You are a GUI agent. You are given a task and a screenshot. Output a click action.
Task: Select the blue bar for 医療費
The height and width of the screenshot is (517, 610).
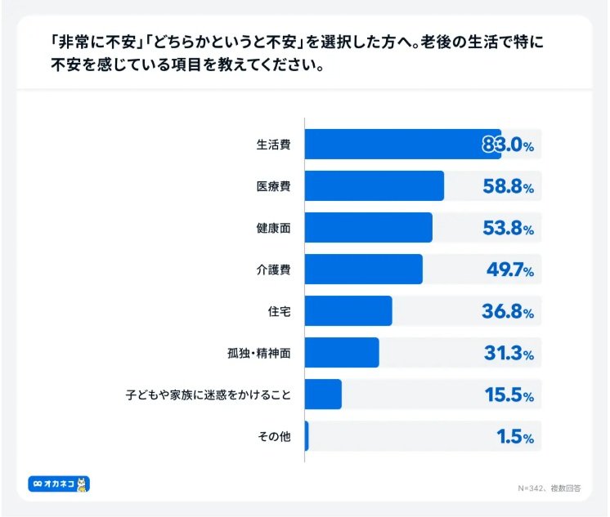(x=374, y=186)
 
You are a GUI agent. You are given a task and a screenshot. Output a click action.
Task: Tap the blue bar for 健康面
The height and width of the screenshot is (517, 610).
(x=368, y=228)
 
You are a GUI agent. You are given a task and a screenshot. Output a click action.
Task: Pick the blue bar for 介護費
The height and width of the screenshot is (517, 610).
(x=363, y=270)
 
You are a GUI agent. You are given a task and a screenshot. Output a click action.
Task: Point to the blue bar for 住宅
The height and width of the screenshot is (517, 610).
(x=348, y=311)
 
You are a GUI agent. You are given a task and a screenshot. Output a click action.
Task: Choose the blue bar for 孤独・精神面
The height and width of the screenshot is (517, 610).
(x=342, y=353)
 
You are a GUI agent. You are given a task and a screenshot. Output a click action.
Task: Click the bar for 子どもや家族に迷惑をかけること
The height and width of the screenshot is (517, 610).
(x=323, y=394)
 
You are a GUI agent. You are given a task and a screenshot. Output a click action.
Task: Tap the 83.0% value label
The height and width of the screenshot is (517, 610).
(x=507, y=145)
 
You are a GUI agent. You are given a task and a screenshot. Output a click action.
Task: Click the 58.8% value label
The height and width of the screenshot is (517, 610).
(x=507, y=187)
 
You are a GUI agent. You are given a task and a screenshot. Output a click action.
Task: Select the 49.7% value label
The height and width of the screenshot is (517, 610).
(x=507, y=270)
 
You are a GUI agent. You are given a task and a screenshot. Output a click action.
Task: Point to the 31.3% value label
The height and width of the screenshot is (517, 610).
(x=507, y=354)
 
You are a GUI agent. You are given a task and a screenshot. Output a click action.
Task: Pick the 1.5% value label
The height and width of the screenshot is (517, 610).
(x=514, y=437)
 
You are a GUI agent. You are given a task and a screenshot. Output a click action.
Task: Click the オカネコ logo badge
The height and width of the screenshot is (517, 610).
(x=53, y=484)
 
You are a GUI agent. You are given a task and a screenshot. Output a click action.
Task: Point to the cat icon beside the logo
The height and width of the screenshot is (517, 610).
(x=83, y=484)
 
